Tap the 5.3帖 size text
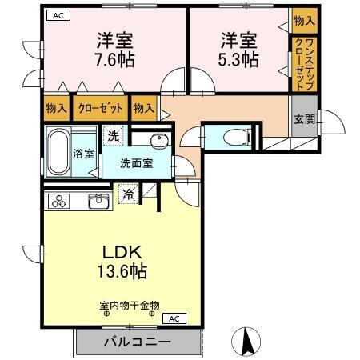tap(238, 60)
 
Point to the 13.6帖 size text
tap(122, 271)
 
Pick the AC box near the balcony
tap(174, 318)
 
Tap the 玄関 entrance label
tap(304, 119)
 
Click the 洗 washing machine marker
tap(114, 135)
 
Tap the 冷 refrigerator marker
tap(128, 192)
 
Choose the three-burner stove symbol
tap(60, 202)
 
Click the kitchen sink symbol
tap(99, 201)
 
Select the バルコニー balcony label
tap(137, 342)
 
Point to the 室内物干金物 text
tap(130, 305)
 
